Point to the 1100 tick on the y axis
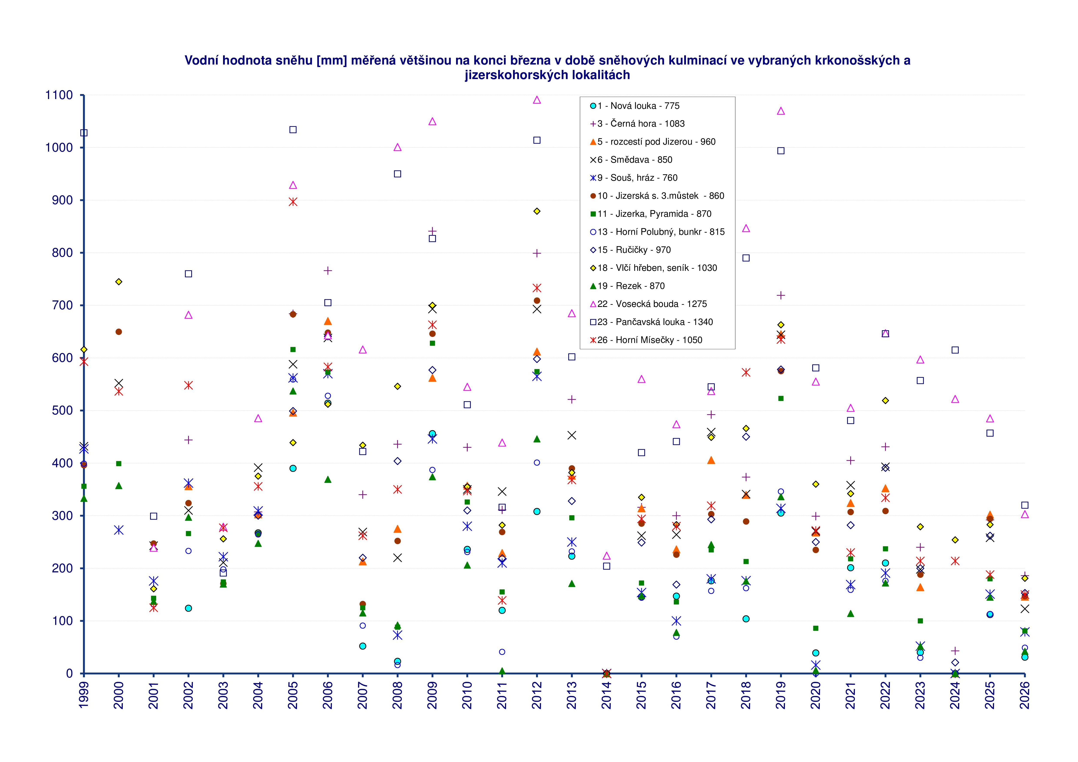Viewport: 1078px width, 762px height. (x=59, y=95)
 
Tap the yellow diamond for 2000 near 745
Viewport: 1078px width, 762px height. (x=119, y=282)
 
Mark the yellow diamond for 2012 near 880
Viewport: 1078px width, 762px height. (x=537, y=211)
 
